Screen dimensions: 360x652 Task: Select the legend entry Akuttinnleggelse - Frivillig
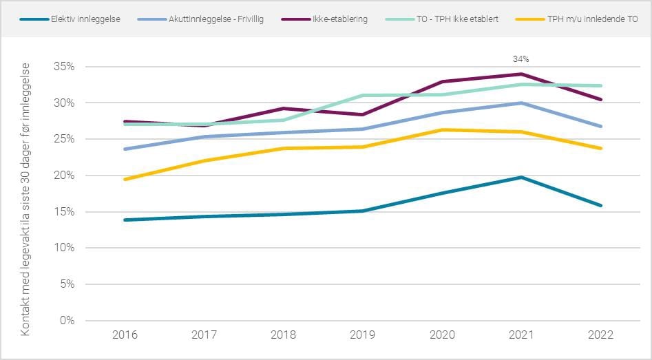[x=215, y=19]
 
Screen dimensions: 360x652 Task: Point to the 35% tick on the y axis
[x=64, y=67]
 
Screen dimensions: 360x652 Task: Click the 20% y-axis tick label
[x=64, y=176]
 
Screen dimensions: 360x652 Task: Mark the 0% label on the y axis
[x=67, y=320]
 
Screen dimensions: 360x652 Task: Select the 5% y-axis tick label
[x=67, y=284]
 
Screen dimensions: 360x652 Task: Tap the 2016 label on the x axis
[x=125, y=335]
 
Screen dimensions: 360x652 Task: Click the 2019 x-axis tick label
[x=363, y=335]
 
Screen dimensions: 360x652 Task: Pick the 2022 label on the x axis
[x=600, y=335]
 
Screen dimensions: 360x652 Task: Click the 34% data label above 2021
[x=521, y=59]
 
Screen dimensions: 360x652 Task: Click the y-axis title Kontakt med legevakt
[x=25, y=199]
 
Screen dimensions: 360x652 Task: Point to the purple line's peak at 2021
[x=521, y=74]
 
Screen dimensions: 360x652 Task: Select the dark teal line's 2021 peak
[x=521, y=178]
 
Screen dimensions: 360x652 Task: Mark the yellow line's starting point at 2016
[x=125, y=179]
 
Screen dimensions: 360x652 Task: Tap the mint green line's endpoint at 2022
[x=600, y=86]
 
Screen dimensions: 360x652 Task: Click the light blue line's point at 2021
[x=521, y=103]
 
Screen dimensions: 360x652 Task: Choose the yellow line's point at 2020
[x=442, y=130]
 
